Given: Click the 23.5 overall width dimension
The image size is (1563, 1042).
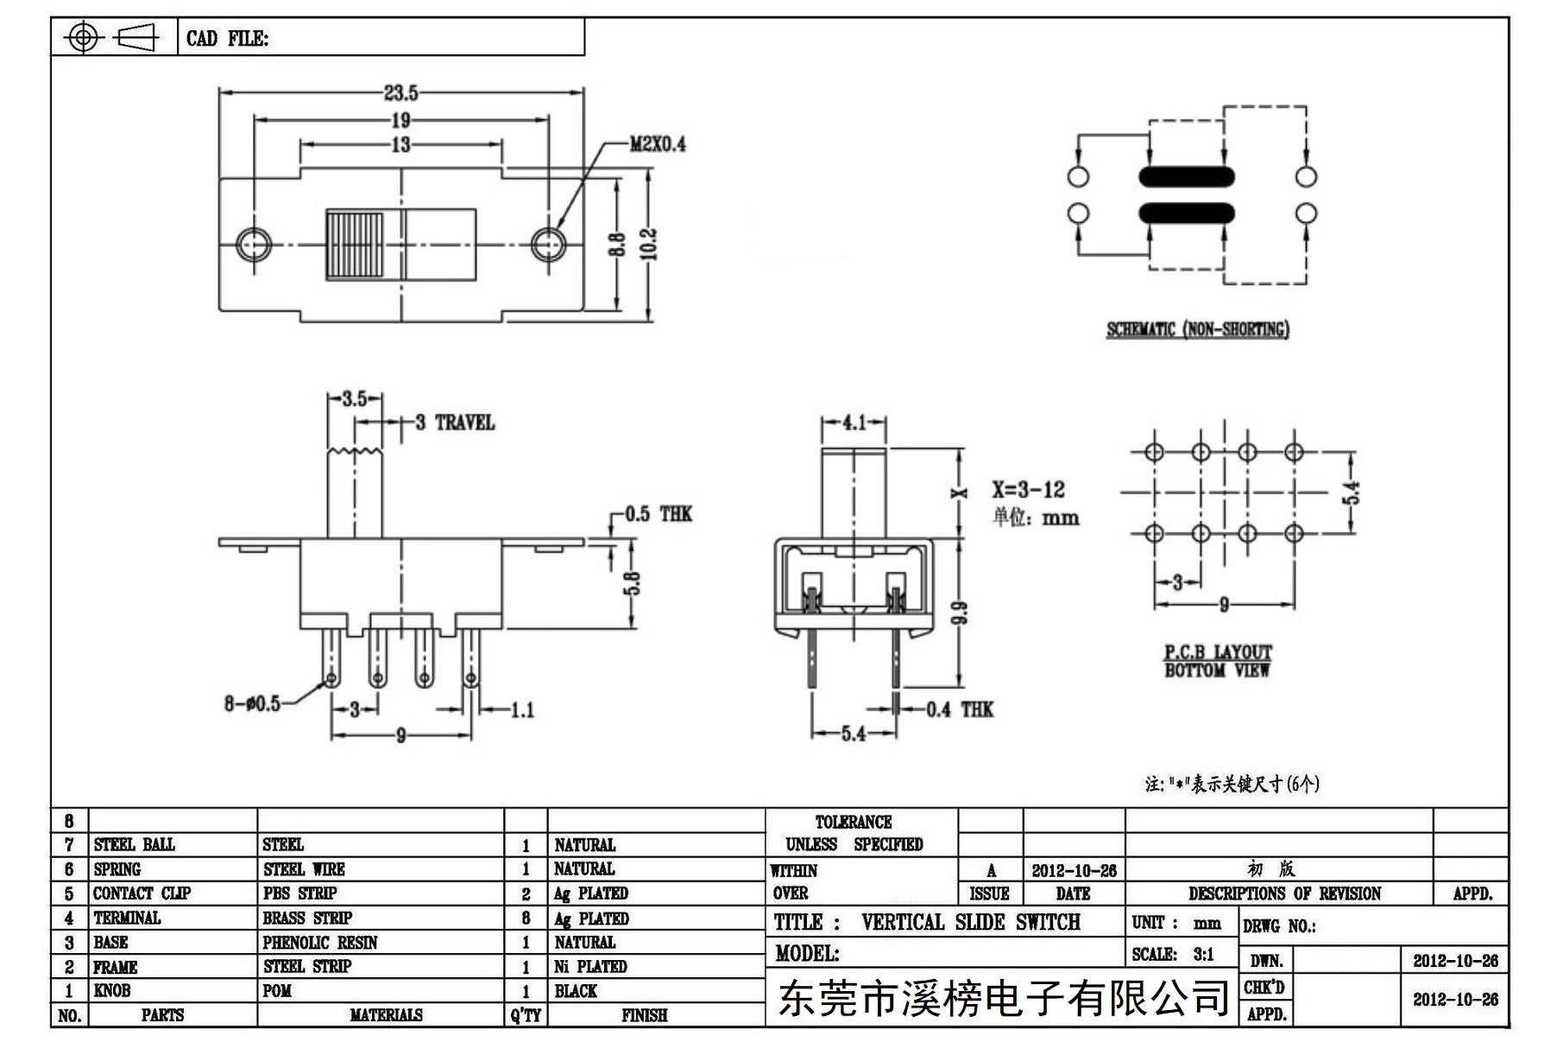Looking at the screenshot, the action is (x=401, y=92).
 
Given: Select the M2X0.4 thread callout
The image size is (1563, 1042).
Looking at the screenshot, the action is (x=658, y=144).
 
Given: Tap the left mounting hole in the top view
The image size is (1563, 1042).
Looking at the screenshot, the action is (x=254, y=244).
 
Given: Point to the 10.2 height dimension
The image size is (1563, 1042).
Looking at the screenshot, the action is (x=649, y=244).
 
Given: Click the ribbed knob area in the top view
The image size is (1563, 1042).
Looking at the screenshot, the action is (x=355, y=244).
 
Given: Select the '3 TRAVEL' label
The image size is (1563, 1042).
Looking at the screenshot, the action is (x=455, y=423).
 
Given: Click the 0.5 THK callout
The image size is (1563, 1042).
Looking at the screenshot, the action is (x=659, y=515).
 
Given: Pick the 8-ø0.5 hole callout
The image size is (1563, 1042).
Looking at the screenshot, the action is (x=252, y=704).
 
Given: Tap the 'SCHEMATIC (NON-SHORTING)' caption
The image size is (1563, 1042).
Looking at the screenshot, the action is (x=1198, y=329).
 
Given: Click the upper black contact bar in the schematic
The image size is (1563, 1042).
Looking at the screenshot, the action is (x=1187, y=176).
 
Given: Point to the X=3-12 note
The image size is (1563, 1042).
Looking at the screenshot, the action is (x=1028, y=489).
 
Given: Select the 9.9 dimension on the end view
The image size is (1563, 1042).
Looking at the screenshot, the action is (x=962, y=613).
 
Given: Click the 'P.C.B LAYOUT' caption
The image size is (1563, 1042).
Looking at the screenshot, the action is (x=1218, y=653).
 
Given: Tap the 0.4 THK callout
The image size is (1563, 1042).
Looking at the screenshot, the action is (x=960, y=710).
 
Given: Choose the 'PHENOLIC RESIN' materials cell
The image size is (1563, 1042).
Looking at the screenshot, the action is (x=320, y=943).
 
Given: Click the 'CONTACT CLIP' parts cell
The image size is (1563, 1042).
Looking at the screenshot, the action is (x=142, y=894).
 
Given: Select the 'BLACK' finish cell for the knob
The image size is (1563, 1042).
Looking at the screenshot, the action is (x=576, y=991).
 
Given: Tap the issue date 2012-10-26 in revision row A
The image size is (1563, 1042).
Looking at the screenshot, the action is (x=1075, y=870).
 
